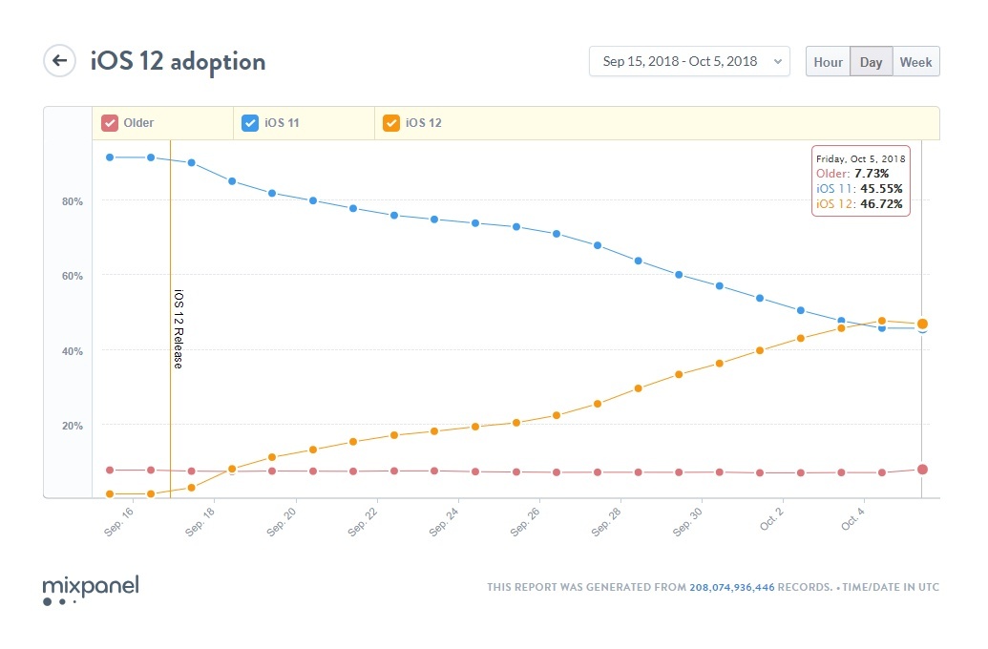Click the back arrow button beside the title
pos(59,61)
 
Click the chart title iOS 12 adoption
pos(178,62)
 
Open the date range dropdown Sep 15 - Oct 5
pos(689,61)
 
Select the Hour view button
pos(828,62)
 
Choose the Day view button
pos(871,62)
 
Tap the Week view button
pos(915,62)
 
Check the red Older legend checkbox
pos(110,123)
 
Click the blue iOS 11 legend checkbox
pos(250,123)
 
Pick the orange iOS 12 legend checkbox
pos(390,123)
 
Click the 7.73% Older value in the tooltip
pos(872,174)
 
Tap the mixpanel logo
pos(91,588)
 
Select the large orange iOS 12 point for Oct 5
pos(922,324)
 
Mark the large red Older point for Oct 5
pos(922,470)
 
